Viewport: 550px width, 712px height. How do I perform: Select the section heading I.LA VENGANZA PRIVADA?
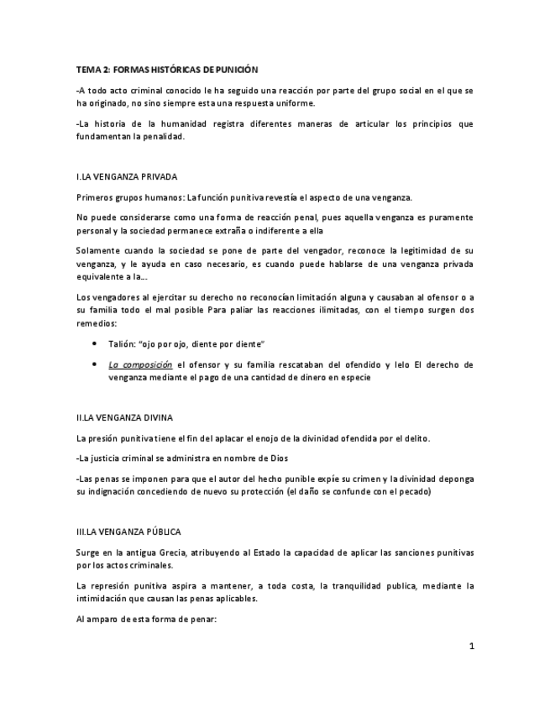click(x=126, y=177)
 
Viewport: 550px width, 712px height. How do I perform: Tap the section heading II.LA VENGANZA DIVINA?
click(x=124, y=416)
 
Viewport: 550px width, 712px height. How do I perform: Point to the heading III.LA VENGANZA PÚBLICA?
click(x=128, y=532)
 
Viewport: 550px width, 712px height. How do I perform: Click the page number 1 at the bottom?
click(x=471, y=647)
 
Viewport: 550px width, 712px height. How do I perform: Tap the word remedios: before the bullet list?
click(x=96, y=323)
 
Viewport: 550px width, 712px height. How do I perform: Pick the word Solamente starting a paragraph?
click(x=98, y=251)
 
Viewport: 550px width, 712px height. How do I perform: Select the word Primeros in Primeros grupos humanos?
click(x=94, y=198)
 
